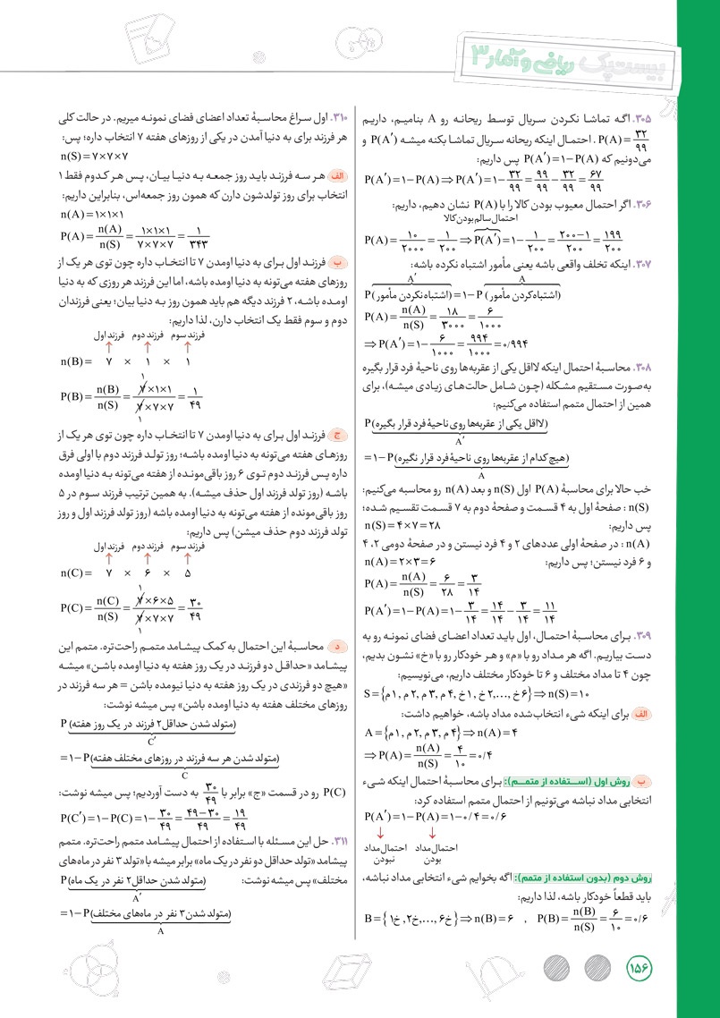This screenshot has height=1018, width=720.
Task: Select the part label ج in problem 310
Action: (337, 435)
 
